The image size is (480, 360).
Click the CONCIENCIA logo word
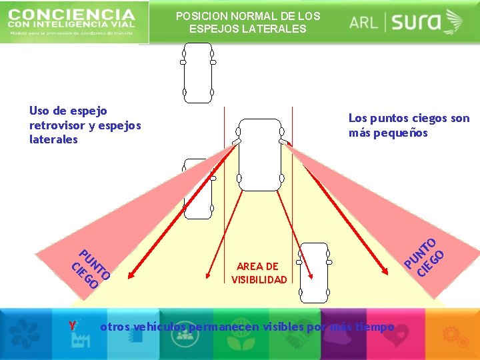click(x=72, y=14)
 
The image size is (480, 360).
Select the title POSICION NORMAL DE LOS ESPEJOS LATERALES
click(x=248, y=22)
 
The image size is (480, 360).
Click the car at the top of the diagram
click(x=197, y=73)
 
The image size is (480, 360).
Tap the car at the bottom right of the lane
click(x=313, y=272)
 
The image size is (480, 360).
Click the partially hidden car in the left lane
click(x=197, y=188)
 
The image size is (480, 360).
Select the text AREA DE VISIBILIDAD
click(x=259, y=273)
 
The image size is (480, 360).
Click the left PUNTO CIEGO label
click(x=90, y=269)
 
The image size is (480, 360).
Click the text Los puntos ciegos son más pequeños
click(x=409, y=125)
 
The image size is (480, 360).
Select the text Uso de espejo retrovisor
click(x=85, y=125)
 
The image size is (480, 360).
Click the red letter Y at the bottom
click(x=73, y=327)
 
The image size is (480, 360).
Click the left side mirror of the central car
click(x=236, y=142)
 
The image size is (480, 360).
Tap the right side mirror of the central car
click(x=283, y=142)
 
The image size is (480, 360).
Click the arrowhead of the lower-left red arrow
click(x=131, y=272)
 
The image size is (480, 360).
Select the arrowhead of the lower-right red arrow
click(x=388, y=271)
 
